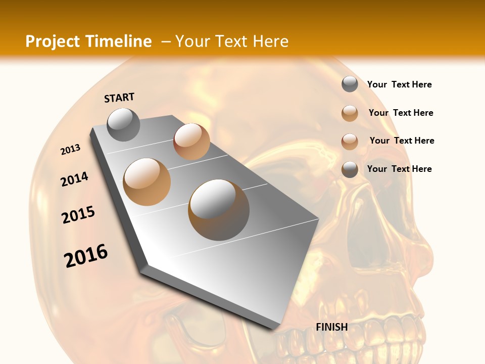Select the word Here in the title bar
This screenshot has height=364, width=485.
tap(270, 41)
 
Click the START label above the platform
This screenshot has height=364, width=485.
tap(119, 98)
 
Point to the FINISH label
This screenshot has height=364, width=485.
tap(332, 327)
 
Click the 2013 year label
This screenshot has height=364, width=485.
tap(71, 150)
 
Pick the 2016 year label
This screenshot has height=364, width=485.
tap(86, 256)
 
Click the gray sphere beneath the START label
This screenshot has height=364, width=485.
tap(124, 125)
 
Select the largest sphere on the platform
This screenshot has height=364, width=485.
tap(219, 210)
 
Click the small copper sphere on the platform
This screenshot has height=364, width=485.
tap(191, 142)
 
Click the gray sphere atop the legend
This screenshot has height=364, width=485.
tap(350, 84)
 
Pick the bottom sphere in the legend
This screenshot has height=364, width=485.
tap(350, 169)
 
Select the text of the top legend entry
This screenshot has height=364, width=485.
tap(399, 85)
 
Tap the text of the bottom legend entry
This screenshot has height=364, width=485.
tap(399, 169)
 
